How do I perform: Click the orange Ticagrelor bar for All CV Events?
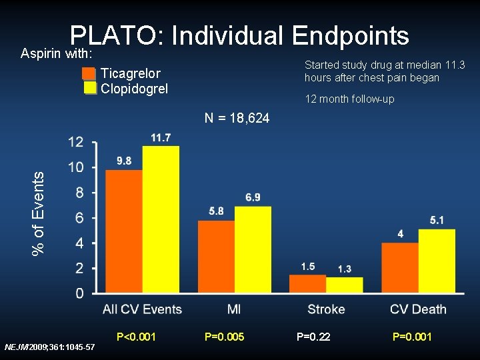tap(124, 231)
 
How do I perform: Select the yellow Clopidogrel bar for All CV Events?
tap(161, 219)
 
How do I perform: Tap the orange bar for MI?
tap(216, 257)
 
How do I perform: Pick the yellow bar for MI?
tap(253, 249)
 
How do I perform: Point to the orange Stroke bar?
tap(307, 284)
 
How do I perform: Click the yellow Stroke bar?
tap(345, 285)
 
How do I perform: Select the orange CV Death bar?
tap(399, 268)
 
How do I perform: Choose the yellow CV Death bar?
tap(437, 261)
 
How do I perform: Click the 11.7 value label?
tap(161, 138)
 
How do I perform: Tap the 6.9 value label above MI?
tap(253, 198)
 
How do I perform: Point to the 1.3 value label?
tap(345, 269)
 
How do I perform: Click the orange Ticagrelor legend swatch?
tap(89, 74)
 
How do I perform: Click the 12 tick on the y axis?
tap(76, 143)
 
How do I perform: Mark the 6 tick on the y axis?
tap(79, 218)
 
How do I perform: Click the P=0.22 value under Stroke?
tap(313, 337)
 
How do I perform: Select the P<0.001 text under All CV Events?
tap(136, 337)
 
